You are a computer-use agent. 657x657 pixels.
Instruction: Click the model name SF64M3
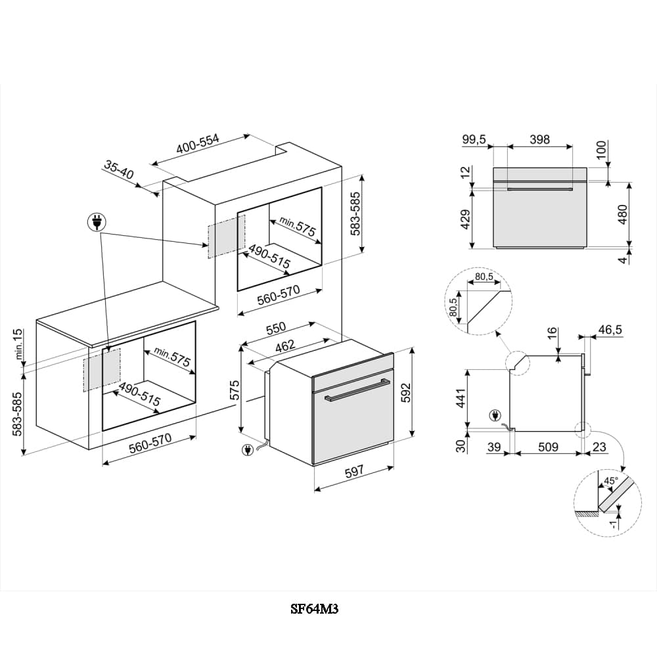(x=315, y=609)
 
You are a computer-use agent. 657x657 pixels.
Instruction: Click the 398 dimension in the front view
(x=539, y=139)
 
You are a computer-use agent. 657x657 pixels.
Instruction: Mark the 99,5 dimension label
(x=473, y=139)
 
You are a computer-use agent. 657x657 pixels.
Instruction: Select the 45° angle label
(x=611, y=481)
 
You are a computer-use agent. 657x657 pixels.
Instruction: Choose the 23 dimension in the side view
(x=600, y=447)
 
